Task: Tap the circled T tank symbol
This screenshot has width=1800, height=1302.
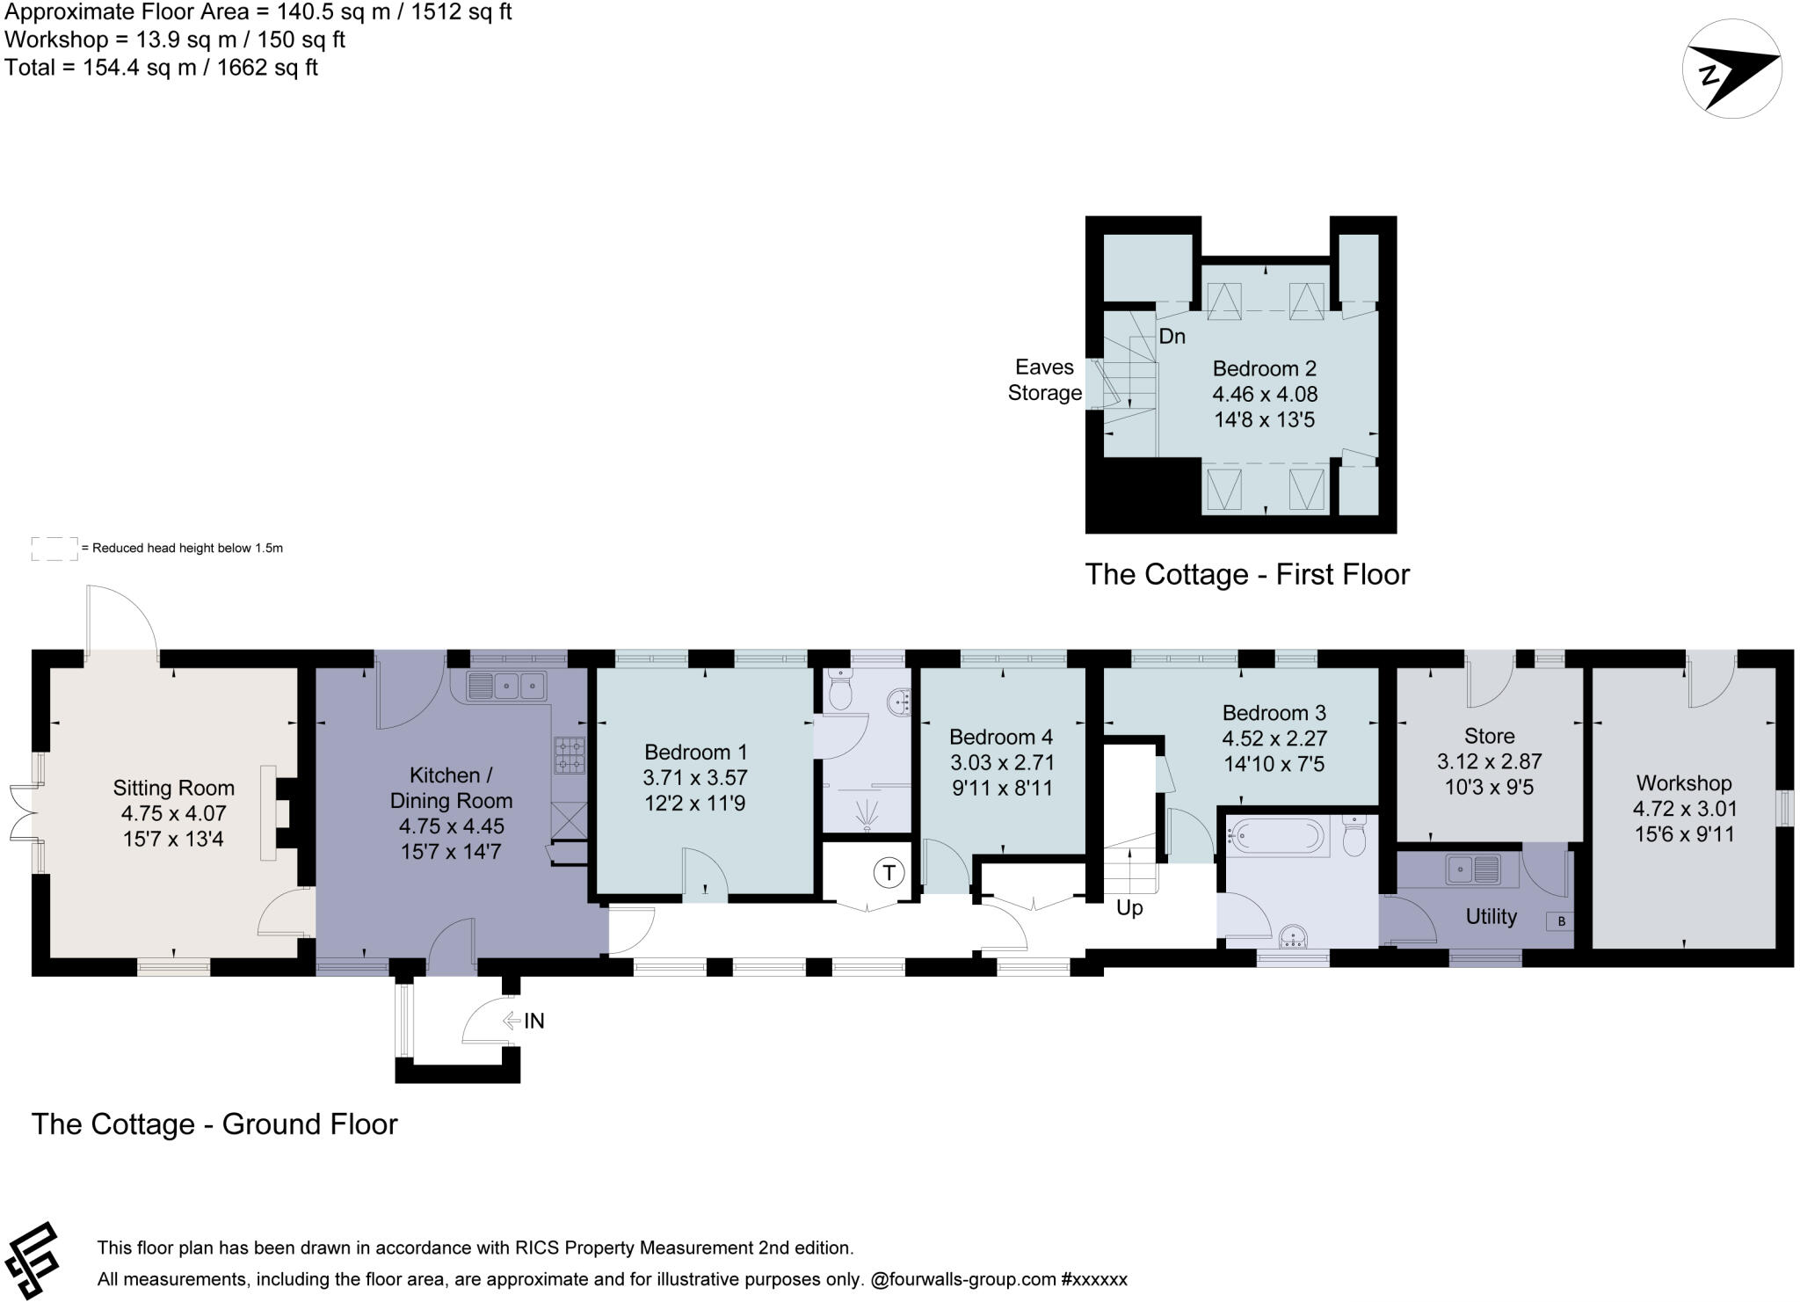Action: pyautogui.click(x=889, y=873)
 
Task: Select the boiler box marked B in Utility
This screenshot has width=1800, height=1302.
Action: pyautogui.click(x=1561, y=921)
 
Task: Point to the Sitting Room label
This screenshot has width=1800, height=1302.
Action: pyautogui.click(x=174, y=788)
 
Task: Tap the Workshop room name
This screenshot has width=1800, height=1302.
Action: pyautogui.click(x=1684, y=783)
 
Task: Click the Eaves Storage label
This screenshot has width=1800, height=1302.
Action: pyautogui.click(x=1045, y=380)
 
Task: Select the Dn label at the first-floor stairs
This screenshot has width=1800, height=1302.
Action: pyautogui.click(x=1172, y=337)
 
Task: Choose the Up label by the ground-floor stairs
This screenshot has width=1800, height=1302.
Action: pyautogui.click(x=1129, y=908)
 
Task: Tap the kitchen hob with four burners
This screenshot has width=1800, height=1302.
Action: pyautogui.click(x=570, y=755)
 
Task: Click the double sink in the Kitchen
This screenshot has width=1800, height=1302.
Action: pyautogui.click(x=506, y=686)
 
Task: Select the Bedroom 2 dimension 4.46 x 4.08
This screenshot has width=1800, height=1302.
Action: pyautogui.click(x=1265, y=394)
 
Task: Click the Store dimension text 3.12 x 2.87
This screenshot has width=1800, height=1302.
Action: pyautogui.click(x=1490, y=761)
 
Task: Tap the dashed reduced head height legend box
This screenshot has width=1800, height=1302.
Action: pyautogui.click(x=54, y=549)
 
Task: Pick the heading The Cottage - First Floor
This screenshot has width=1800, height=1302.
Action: pyautogui.click(x=1247, y=574)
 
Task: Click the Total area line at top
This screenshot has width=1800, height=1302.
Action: pyautogui.click(x=162, y=68)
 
